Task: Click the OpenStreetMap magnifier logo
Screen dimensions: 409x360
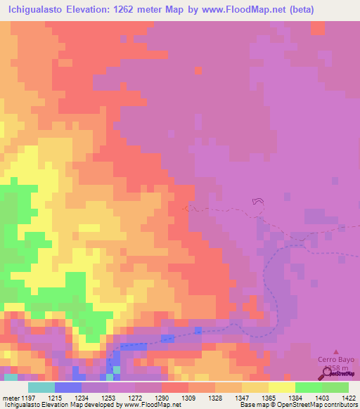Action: click(x=325, y=373)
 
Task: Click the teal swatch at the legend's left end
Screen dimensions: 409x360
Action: click(x=41, y=387)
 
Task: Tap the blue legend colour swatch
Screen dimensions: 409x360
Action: click(x=67, y=387)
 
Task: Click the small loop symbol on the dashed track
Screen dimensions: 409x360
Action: click(x=258, y=202)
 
